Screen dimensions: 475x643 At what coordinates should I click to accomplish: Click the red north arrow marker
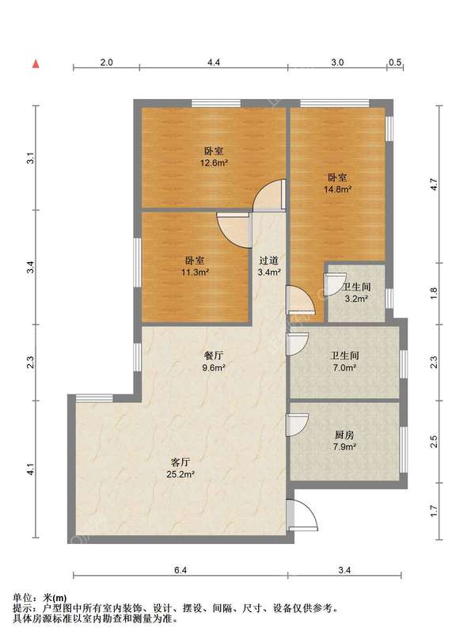pos(36,63)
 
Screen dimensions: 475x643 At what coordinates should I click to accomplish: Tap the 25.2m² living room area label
pos(180,474)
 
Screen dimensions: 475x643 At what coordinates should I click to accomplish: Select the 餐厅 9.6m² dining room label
pos(214,361)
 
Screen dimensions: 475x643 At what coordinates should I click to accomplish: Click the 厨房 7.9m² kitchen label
pos(344,440)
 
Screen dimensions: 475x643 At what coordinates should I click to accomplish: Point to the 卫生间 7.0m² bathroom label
pos(344,361)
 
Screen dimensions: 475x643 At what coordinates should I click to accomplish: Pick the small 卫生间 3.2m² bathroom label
pos(356,293)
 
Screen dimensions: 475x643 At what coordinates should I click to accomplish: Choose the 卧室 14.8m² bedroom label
pos(338,183)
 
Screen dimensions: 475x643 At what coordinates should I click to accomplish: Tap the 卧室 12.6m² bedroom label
pos(214,157)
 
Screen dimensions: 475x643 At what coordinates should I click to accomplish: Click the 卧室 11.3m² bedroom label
pos(195,266)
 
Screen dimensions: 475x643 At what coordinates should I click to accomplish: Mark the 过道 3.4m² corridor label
pos(269,266)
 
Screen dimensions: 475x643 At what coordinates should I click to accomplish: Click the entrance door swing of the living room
pos(302,515)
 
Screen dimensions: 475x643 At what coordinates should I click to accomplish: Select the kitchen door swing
pos(297,425)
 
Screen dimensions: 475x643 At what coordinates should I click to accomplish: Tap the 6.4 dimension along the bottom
pos(180,570)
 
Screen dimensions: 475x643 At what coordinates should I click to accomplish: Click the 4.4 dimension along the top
pos(214,63)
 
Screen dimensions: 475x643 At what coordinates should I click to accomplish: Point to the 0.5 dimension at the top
pos(395,63)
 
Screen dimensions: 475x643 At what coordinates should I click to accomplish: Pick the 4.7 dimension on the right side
pos(434,185)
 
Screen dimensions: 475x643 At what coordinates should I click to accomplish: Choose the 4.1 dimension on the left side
pos(31,469)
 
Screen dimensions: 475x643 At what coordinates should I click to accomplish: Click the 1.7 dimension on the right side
pos(434,511)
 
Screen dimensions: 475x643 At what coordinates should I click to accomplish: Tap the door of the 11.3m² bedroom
pos(234,230)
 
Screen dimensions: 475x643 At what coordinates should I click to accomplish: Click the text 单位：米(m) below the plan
pos(40,599)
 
